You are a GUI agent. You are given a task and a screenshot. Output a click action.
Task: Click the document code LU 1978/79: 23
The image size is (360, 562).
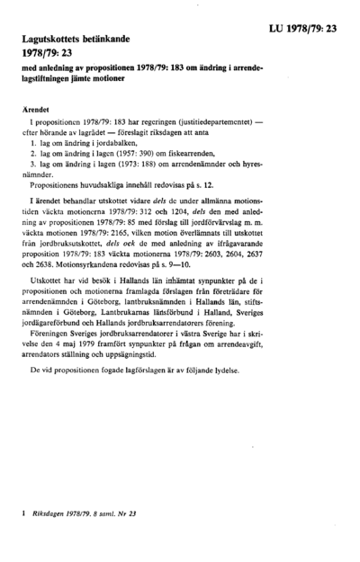click(x=302, y=29)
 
